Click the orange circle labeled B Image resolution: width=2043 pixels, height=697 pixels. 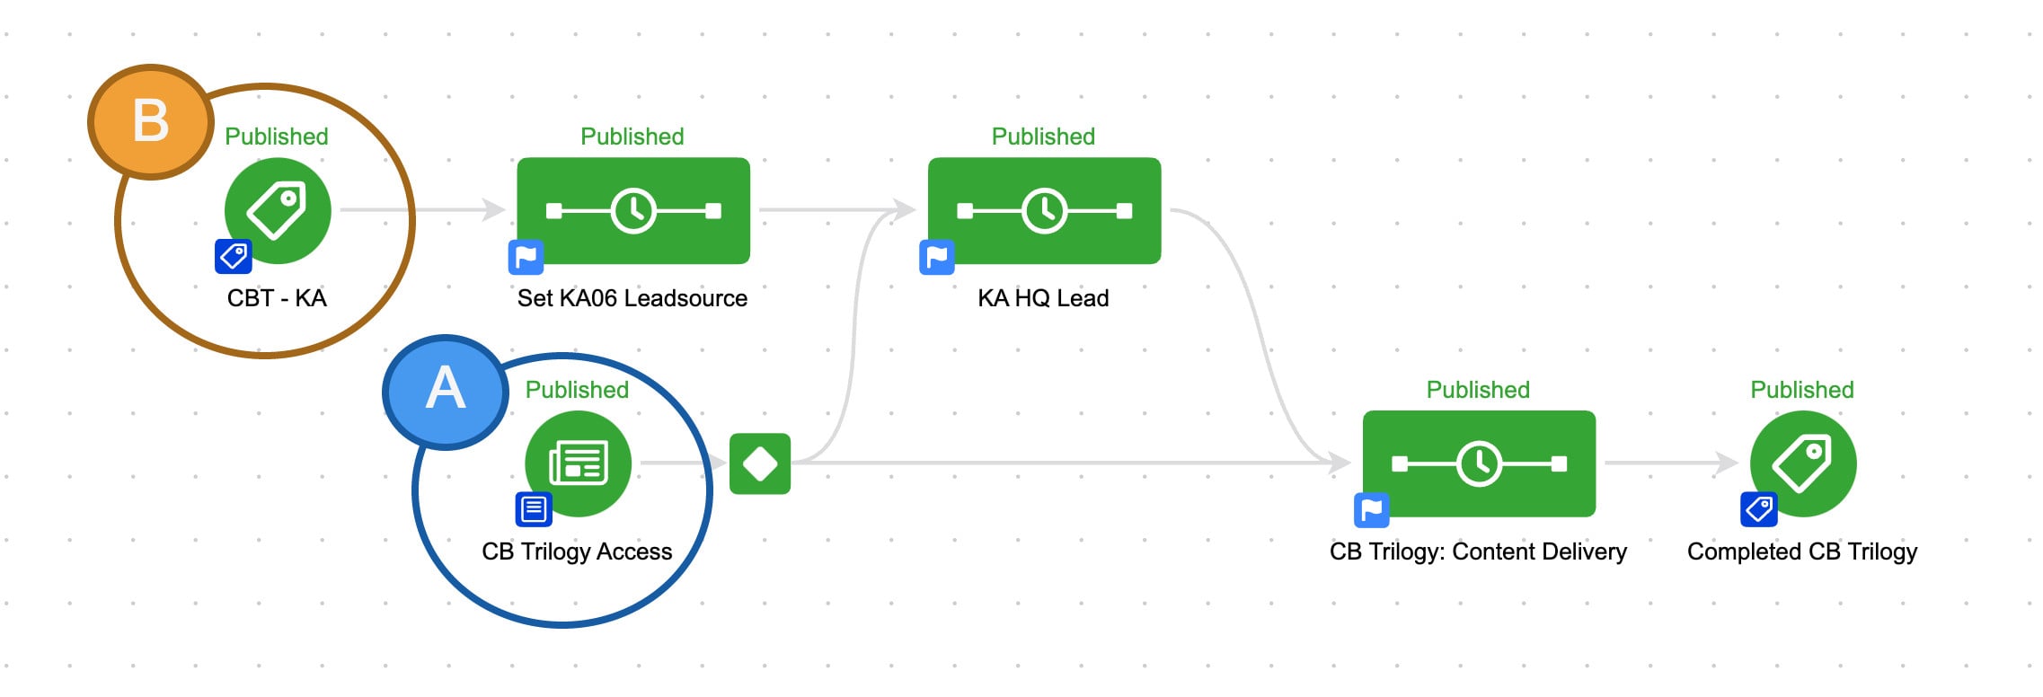(151, 122)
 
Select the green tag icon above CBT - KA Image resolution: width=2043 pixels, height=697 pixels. (278, 211)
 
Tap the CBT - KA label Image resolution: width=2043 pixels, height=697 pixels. (277, 298)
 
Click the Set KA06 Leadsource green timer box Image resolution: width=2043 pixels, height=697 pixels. (633, 211)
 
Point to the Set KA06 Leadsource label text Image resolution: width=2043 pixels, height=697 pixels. (632, 298)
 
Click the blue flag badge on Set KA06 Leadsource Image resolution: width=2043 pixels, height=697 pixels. (526, 258)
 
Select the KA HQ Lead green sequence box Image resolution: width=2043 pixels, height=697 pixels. (1044, 211)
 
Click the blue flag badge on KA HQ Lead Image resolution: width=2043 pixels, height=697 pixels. (936, 258)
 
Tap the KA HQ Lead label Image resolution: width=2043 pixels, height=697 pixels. (1043, 298)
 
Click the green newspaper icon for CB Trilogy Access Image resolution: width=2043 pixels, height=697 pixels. (579, 463)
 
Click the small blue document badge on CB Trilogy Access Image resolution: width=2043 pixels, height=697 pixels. (534, 510)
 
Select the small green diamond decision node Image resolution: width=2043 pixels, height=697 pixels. (760, 464)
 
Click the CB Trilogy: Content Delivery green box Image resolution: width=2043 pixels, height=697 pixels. (1479, 463)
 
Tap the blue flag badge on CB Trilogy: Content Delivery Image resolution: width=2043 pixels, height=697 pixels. (1371, 511)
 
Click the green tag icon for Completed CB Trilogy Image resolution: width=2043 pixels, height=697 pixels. (1803, 463)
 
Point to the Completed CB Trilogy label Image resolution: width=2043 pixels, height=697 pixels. (1801, 551)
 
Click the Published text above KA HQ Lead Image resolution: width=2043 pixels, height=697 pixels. (1043, 137)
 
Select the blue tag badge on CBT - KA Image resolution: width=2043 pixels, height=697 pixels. (234, 257)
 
